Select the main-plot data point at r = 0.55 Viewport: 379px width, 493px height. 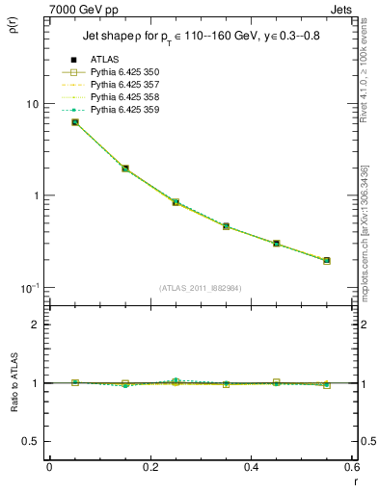pyautogui.click(x=327, y=260)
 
